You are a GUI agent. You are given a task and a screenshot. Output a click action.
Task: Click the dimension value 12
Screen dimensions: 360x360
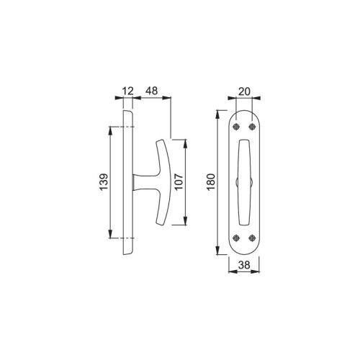pyautogui.click(x=127, y=91)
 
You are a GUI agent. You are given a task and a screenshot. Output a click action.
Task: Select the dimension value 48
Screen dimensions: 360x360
pyautogui.click(x=152, y=91)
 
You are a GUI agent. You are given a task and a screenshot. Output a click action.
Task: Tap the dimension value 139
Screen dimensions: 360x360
pyautogui.click(x=104, y=182)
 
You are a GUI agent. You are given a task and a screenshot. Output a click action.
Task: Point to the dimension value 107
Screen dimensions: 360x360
pyautogui.click(x=179, y=181)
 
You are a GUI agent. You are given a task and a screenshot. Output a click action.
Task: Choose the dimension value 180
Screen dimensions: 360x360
pyautogui.click(x=211, y=182)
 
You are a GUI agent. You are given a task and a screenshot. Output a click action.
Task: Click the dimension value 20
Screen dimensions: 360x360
pyautogui.click(x=244, y=91)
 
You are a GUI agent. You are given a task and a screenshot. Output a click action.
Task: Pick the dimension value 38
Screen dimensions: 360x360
pyautogui.click(x=244, y=265)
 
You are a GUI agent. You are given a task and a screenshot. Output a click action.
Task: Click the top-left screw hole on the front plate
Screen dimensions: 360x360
pyautogui.click(x=236, y=127)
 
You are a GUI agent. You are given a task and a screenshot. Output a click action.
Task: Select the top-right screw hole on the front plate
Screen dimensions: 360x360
pyautogui.click(x=252, y=127)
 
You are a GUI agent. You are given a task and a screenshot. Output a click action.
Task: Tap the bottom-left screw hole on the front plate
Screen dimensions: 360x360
pyautogui.click(x=236, y=238)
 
